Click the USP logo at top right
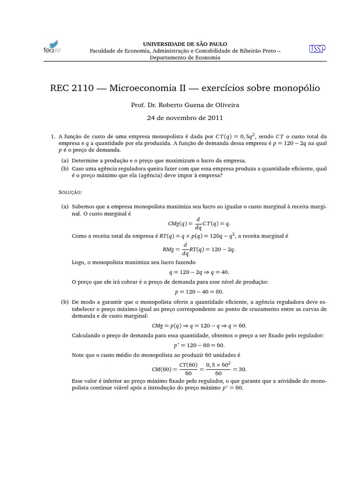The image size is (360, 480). click(x=318, y=49)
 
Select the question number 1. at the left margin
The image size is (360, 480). click(x=53, y=136)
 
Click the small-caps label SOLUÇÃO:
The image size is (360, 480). click(x=71, y=192)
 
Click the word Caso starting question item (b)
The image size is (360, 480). click(x=79, y=168)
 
